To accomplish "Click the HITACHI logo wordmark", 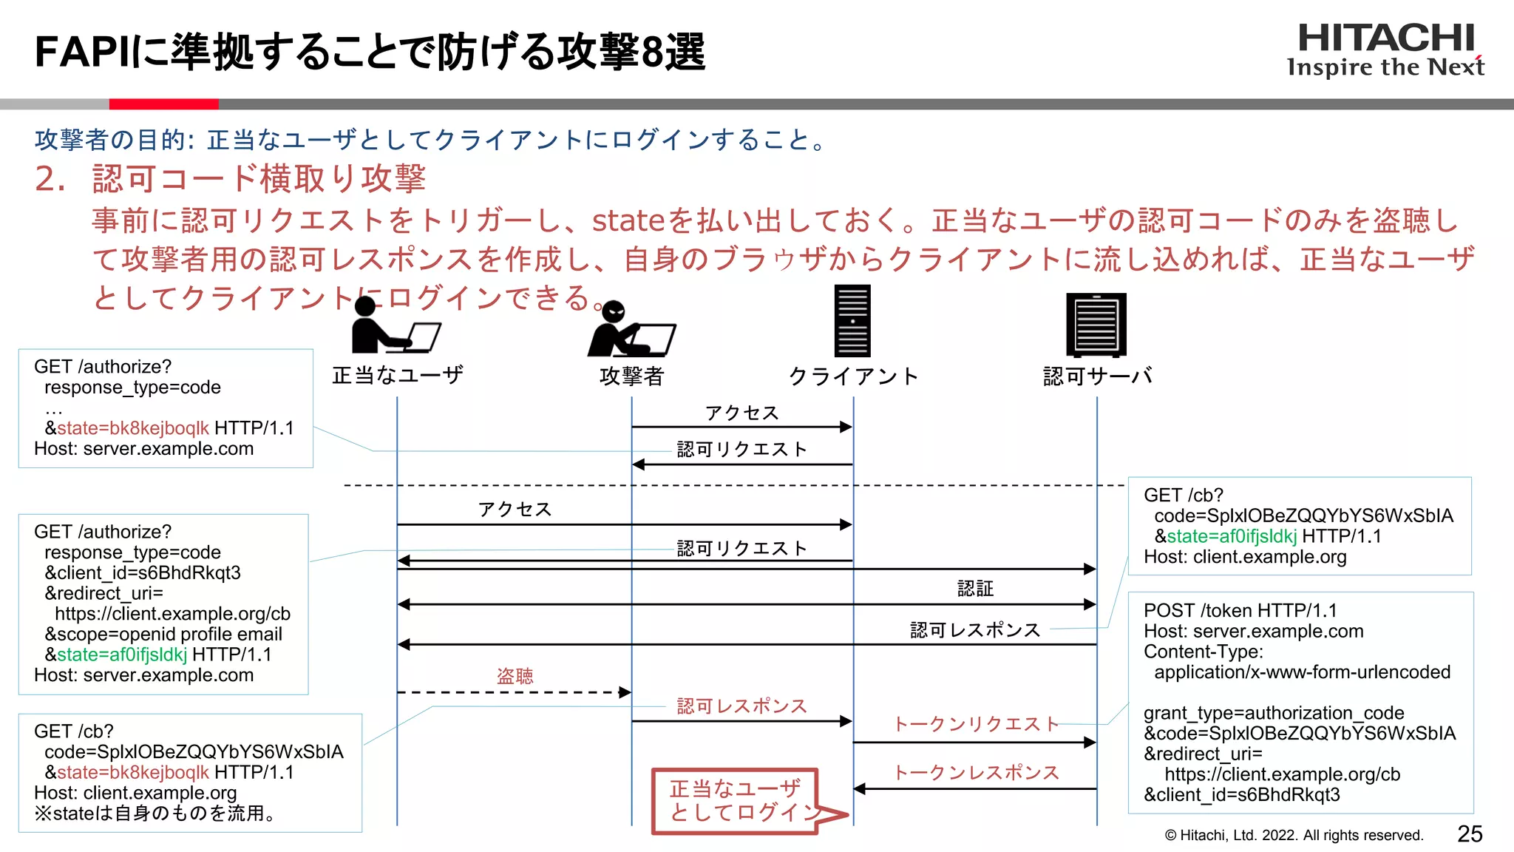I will pos(1385,38).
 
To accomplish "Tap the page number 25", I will pos(1470,834).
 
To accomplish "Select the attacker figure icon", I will pos(630,331).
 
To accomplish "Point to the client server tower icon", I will pos(852,321).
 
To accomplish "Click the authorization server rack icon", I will pos(1096,325).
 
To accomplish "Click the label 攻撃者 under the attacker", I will pos(631,376).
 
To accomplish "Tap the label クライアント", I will pos(853,376).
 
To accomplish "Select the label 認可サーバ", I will pos(1097,376).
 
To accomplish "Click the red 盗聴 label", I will pos(515,675).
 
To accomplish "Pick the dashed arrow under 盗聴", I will pos(514,693).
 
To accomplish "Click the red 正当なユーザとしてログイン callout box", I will pos(736,801).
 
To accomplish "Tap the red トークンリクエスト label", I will pos(976,723).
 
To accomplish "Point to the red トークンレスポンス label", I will pos(976,772).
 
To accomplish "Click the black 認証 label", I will pos(975,589).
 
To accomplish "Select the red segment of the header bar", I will pos(163,104).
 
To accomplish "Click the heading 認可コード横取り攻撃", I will pos(259,179).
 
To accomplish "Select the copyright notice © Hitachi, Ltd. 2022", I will pos(1293,835).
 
